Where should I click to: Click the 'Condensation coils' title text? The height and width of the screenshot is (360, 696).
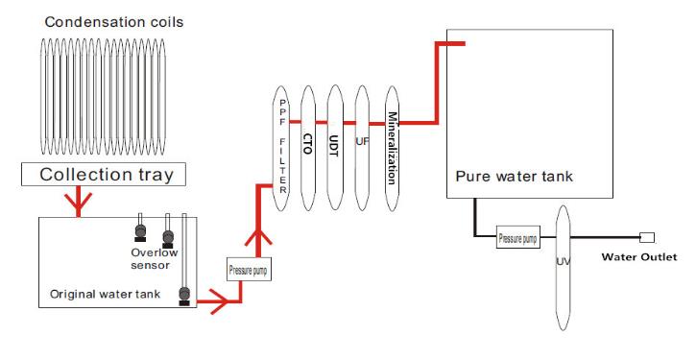pos(101,20)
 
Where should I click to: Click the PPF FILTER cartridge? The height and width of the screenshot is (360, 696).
pos(282,144)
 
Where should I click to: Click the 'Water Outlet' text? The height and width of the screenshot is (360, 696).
pos(638,256)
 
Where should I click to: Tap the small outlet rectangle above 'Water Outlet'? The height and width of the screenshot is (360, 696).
pos(646,236)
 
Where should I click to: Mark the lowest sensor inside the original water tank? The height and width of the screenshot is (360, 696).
pos(181,295)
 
